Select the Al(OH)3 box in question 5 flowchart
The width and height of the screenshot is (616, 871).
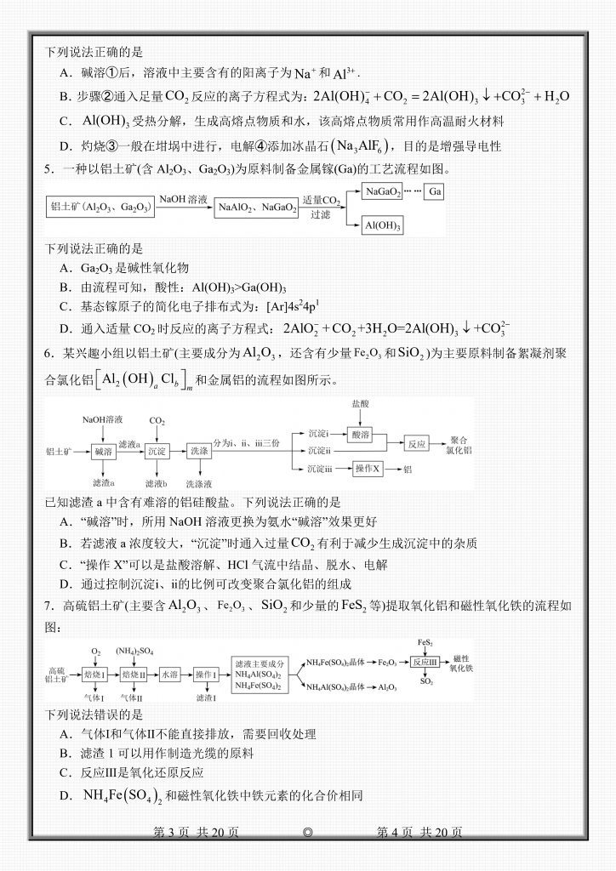point(382,225)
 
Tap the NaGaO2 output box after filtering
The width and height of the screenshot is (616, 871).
point(382,193)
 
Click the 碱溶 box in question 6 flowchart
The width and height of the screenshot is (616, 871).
point(103,450)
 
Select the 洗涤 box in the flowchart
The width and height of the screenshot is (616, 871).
point(198,450)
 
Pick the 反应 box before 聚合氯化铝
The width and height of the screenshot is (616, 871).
point(416,444)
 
